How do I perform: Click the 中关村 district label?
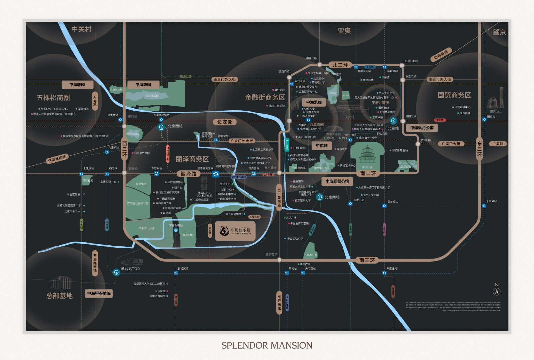click(81, 29)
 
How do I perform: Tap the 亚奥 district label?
click(344, 31)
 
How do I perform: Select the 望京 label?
click(499, 32)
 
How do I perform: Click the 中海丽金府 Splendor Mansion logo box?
click(235, 231)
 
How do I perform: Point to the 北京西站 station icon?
click(162, 127)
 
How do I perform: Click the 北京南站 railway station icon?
click(320, 197)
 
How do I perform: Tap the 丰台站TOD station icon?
click(116, 272)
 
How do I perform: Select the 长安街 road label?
click(225, 122)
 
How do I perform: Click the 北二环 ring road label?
click(340, 65)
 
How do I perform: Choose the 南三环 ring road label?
click(367, 260)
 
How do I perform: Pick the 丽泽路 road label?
click(189, 174)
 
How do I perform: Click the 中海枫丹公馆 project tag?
click(422, 128)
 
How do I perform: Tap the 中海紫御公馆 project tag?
click(337, 181)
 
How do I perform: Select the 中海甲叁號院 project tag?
click(99, 293)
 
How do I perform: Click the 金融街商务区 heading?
click(265, 97)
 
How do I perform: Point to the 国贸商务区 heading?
click(454, 95)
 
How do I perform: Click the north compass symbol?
click(497, 291)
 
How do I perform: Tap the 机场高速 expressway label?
click(441, 55)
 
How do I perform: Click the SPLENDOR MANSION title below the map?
click(267, 345)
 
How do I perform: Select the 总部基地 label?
click(59, 296)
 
